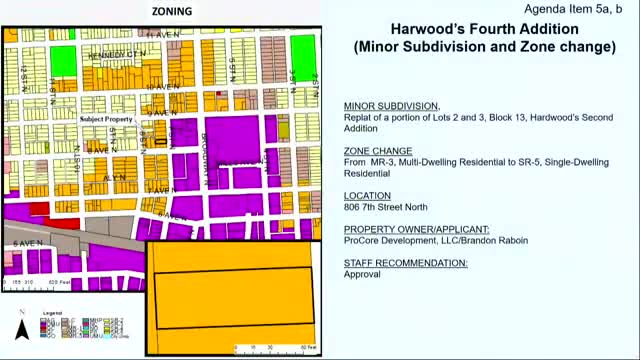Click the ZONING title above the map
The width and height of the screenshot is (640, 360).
[172, 11]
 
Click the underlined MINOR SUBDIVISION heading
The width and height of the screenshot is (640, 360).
[391, 106]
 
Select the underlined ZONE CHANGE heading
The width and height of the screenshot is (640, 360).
[378, 152]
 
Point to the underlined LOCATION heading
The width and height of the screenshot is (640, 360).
[369, 197]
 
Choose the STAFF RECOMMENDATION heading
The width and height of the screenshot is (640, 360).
[405, 262]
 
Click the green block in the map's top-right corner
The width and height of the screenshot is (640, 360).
[302, 63]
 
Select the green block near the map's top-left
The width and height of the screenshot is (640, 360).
[61, 60]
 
